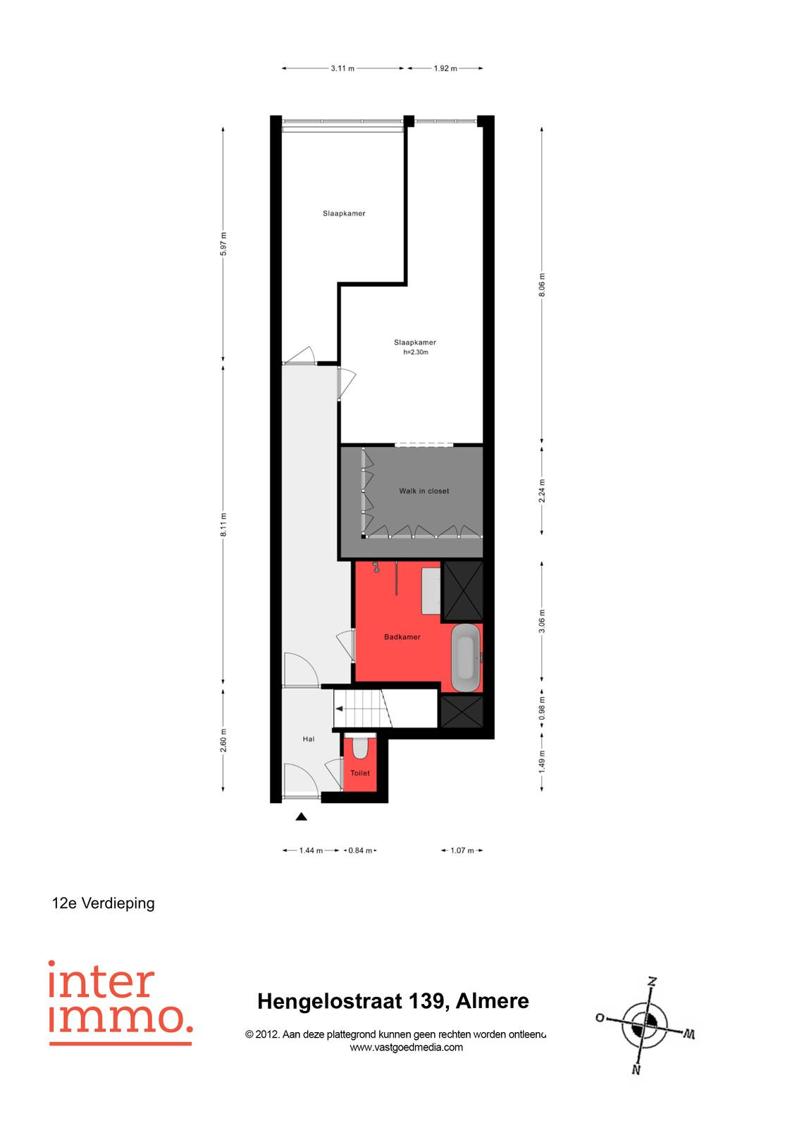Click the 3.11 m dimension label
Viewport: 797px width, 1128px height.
[x=342, y=68]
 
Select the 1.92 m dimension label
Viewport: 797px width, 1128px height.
[x=445, y=68]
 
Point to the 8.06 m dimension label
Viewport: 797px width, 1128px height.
[x=542, y=285]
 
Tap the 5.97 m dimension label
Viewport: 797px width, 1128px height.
[x=223, y=244]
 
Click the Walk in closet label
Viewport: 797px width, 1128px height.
[x=424, y=491]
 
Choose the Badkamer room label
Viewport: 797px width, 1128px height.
[x=402, y=637]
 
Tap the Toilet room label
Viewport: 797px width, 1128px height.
[x=360, y=773]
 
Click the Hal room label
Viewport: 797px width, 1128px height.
[x=308, y=740]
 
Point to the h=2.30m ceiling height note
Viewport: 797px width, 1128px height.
[x=415, y=352]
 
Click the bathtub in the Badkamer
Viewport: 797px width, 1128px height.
[x=465, y=658]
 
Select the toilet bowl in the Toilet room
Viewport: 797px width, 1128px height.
[x=359, y=747]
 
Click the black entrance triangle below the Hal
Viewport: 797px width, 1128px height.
[x=301, y=817]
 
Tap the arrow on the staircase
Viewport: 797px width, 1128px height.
[x=340, y=709]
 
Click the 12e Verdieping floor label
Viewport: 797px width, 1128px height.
[x=103, y=903]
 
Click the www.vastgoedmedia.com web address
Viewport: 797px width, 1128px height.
[x=407, y=1048]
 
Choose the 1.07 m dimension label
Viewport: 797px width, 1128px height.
[x=462, y=850]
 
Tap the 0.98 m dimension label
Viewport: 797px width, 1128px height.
[x=542, y=709]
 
